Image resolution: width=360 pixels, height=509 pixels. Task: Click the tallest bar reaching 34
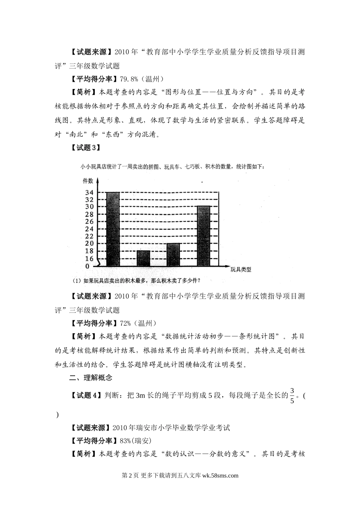(x=113, y=229)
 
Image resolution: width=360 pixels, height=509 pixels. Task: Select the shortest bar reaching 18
(x=143, y=258)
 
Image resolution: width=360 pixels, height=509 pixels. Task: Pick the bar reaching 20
(x=173, y=254)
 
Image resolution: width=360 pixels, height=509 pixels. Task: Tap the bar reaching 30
(x=203, y=236)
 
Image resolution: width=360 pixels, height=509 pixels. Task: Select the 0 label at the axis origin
(x=87, y=266)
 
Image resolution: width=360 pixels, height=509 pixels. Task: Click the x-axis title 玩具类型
(x=241, y=270)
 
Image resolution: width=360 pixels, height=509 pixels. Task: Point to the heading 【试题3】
(x=86, y=148)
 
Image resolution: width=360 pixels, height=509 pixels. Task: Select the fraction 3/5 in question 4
(x=292, y=396)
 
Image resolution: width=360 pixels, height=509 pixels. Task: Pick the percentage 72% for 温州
(x=125, y=323)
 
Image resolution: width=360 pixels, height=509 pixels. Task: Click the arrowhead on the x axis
(x=226, y=266)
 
